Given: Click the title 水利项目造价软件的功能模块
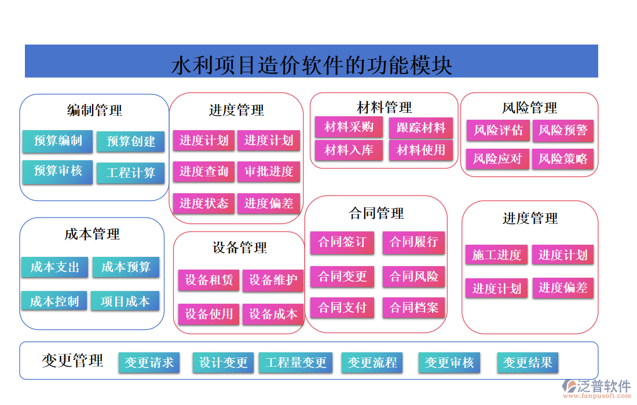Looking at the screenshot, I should coord(312,64).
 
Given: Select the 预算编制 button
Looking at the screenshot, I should coord(58,141).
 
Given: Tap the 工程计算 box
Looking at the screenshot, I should coord(131,172).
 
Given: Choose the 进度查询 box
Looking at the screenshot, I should coord(204,172).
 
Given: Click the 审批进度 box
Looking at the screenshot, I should coord(269,172).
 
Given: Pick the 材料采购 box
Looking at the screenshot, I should coord(349,127).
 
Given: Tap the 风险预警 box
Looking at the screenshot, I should coord(563,130).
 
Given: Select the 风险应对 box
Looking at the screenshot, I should coord(497,159).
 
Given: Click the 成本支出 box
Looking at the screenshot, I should coord(54,267).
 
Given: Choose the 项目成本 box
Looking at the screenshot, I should coord(125,301).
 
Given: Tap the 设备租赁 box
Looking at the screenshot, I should coord(208,281).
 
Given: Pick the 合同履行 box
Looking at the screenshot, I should coord(413,242).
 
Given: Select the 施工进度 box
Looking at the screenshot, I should coord(496,255).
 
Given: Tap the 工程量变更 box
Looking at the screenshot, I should coord(296,363).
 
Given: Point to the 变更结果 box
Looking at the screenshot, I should coord(528,363).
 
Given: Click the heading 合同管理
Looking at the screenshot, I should coord(376,213).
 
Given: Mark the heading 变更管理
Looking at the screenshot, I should coord(72,361).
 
